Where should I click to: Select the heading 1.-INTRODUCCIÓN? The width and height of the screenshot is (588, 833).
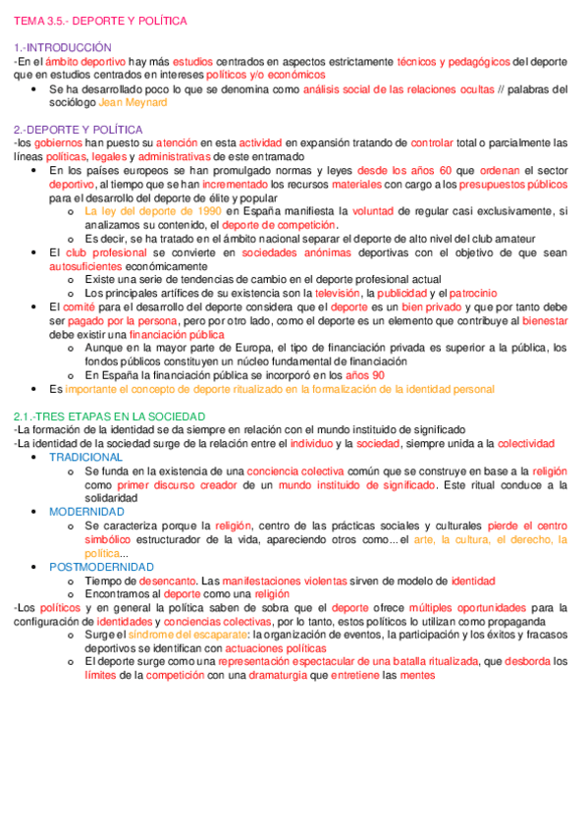coord(62,47)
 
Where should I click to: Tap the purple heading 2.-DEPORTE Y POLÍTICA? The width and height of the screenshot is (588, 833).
coord(79,130)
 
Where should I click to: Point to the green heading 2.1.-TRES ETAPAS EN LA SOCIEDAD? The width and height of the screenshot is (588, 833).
coord(109,416)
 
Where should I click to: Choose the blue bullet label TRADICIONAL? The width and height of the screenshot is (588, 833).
coord(86,458)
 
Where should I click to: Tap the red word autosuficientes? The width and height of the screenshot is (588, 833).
coord(88,266)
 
